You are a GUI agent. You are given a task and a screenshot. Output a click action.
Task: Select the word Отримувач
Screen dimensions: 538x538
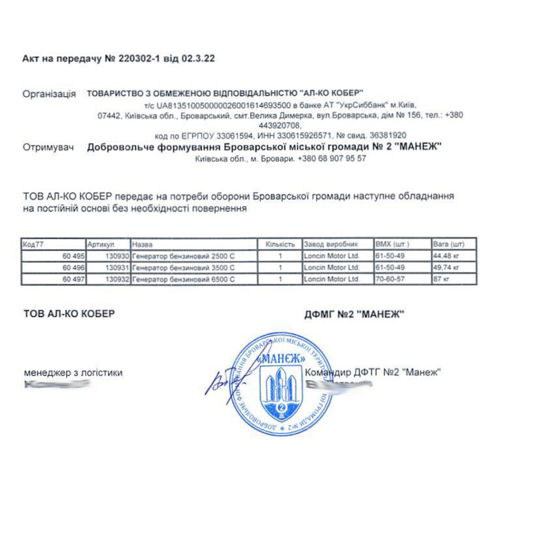coord(47,148)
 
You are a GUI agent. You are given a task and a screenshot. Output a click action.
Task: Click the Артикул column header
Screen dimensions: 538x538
coord(101,244)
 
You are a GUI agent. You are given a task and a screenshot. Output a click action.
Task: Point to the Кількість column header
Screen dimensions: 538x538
coord(280,244)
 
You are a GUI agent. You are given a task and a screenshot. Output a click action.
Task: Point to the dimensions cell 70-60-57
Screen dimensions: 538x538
coord(389,280)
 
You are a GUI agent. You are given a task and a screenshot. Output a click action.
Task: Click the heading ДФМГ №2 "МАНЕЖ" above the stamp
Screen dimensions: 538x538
coord(354,315)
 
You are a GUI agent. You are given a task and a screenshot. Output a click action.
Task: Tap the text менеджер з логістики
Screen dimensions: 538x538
coord(74,373)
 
